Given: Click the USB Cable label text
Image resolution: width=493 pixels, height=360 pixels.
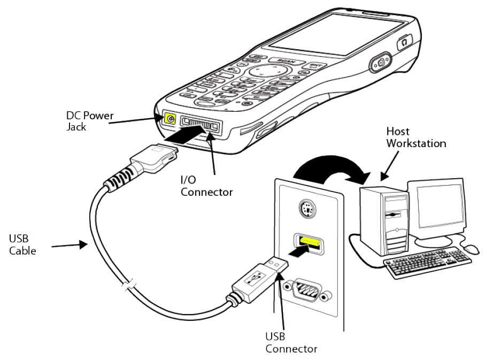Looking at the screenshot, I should click(22, 244).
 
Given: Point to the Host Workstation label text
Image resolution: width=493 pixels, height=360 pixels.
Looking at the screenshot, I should click(415, 137).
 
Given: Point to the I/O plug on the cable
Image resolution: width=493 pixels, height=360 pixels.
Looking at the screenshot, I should click(156, 158).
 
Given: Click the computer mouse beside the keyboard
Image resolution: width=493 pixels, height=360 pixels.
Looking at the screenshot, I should click(471, 249).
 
